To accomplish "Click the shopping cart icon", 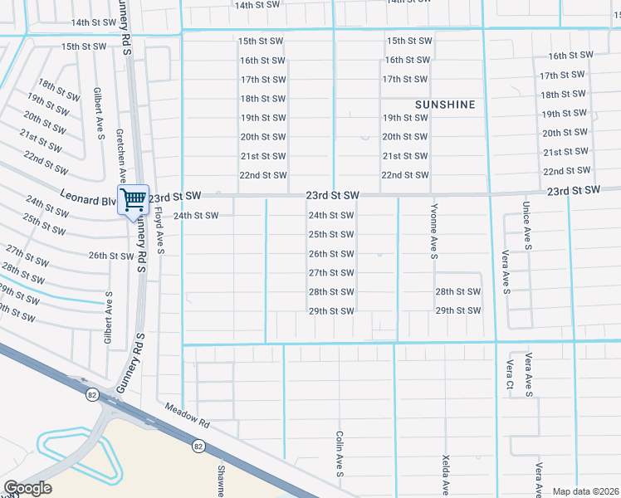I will tap(133, 200).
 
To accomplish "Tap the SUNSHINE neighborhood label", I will tap(446, 105).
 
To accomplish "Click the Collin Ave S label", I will tap(340, 454).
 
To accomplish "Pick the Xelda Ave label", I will tap(446, 474).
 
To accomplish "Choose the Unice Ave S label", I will tap(526, 225).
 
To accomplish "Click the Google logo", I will tap(27, 488).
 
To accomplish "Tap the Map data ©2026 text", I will tap(585, 491).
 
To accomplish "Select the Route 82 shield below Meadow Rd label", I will tap(198, 446).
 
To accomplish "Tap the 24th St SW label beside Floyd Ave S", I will tap(195, 216).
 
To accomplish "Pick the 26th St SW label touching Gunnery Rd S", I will tap(111, 256).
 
